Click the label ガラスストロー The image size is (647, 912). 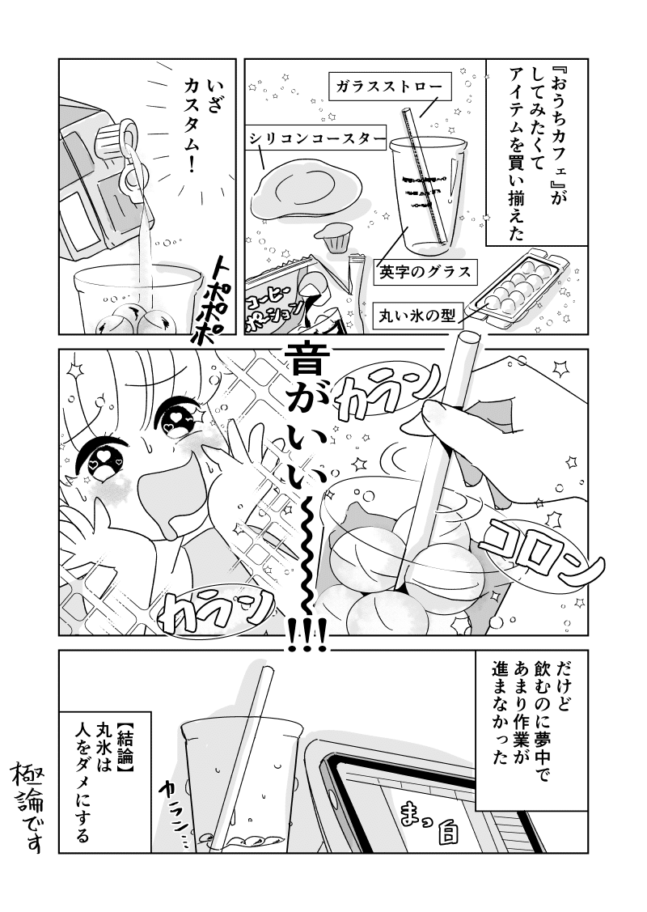coord(389,87)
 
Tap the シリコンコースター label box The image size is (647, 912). coord(315,138)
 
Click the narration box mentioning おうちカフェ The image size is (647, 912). coord(535,152)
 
